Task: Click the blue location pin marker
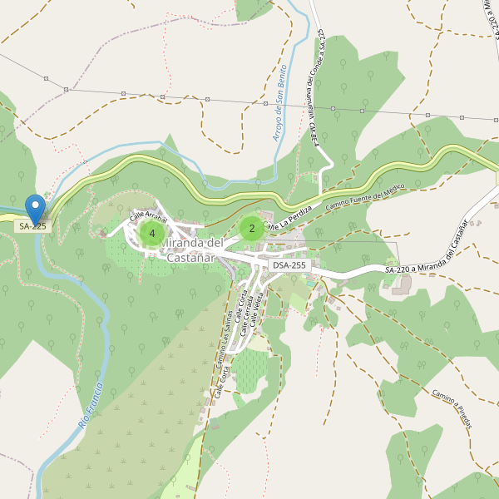(35, 208)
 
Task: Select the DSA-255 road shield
(289, 265)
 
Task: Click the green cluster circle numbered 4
(151, 234)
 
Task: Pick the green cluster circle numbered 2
(252, 229)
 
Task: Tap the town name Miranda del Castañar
(191, 249)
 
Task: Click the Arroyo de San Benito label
(279, 102)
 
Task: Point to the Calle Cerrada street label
(248, 317)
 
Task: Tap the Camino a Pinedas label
(452, 410)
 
